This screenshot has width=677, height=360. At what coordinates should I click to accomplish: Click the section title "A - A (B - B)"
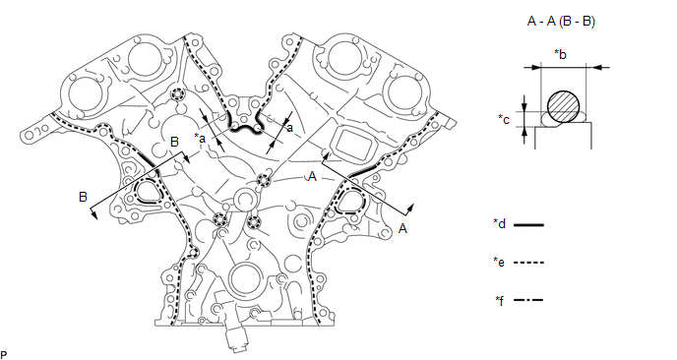click(561, 22)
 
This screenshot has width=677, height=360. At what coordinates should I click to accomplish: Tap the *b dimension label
click(560, 55)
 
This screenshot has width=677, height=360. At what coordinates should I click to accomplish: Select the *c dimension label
click(504, 119)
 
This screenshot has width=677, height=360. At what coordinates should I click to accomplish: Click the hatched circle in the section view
click(563, 106)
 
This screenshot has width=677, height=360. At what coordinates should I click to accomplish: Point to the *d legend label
click(500, 223)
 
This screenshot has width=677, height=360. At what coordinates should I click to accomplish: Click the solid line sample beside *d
click(528, 225)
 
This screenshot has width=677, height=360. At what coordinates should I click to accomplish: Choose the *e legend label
click(499, 262)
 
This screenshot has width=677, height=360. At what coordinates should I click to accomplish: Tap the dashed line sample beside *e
click(528, 263)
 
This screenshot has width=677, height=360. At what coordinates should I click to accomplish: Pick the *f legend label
click(500, 300)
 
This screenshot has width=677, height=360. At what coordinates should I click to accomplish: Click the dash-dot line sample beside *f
click(528, 300)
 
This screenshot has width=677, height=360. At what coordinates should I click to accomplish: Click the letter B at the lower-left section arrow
click(83, 197)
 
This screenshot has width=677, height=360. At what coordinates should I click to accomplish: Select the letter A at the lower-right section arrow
click(402, 228)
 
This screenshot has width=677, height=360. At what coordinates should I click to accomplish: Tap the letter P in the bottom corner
click(4, 355)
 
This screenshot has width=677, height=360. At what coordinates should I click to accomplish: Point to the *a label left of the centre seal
click(200, 138)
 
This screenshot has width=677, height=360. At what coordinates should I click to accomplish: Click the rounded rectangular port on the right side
click(350, 144)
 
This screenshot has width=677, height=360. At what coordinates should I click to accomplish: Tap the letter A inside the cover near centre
click(312, 176)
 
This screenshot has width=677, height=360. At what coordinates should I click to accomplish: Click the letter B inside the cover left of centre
click(174, 142)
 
